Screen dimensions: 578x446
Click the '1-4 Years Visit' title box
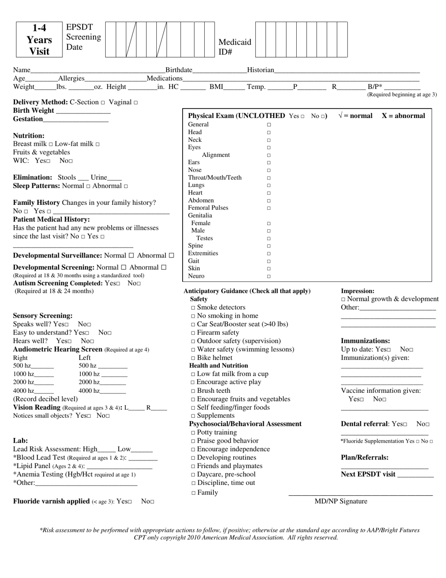coord(39,39)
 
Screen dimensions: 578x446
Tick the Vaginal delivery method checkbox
coord(136,102)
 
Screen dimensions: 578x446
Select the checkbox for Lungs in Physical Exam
coord(269,186)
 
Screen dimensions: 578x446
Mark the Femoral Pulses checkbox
coord(269,208)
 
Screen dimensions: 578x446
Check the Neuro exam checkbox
coord(269,277)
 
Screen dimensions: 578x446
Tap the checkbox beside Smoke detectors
coord(193,308)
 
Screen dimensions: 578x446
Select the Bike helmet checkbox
coord(193,358)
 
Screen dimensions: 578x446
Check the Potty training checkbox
coord(193,433)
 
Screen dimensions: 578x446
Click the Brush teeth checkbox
coord(193,391)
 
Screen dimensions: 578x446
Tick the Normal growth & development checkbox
coord(343,300)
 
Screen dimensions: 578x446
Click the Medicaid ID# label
coord(235,47)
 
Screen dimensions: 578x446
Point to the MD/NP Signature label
coord(341,501)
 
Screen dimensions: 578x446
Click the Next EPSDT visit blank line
coord(415,475)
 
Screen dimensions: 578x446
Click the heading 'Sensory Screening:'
coord(43,316)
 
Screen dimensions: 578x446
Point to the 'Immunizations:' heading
coord(365,341)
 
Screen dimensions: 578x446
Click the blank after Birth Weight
coord(83,111)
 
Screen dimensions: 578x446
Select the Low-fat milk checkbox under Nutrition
coord(98,144)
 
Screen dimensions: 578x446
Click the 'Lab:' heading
coord(20,441)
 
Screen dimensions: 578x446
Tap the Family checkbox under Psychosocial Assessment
coord(193,493)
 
